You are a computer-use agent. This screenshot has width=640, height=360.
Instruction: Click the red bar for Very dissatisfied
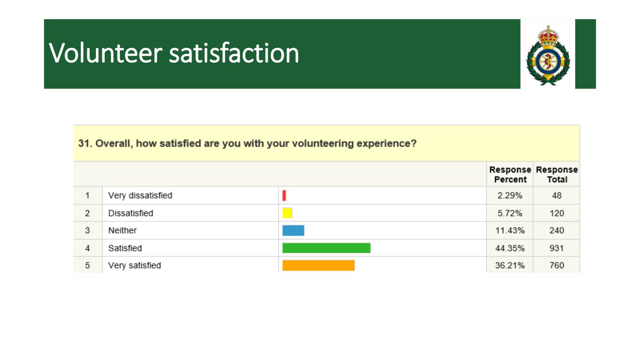(x=284, y=196)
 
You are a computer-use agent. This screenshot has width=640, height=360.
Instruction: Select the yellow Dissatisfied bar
(x=287, y=213)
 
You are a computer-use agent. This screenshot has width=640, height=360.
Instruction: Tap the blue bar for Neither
(x=293, y=230)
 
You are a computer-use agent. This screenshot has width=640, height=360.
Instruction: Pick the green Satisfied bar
(x=326, y=248)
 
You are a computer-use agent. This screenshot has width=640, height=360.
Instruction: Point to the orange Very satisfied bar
(x=318, y=265)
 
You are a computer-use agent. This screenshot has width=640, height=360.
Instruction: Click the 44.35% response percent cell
(x=510, y=248)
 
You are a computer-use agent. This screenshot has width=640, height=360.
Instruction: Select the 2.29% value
(x=510, y=196)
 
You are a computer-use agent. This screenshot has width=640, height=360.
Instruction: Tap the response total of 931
(x=556, y=248)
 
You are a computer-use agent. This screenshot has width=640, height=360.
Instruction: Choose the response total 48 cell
(x=556, y=196)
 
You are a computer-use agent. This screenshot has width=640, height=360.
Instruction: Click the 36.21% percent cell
(x=510, y=265)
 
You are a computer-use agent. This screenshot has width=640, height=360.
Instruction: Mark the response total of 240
(x=556, y=231)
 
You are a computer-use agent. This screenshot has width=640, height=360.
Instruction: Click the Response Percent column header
(x=510, y=175)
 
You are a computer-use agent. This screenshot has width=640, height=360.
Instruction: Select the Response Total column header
(x=557, y=175)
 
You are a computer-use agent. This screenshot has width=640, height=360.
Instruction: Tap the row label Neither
(x=122, y=231)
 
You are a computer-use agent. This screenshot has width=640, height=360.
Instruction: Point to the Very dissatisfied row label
(x=140, y=196)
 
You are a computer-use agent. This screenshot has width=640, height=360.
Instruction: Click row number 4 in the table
(x=87, y=248)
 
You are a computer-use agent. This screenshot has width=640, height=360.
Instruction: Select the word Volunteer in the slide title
(x=106, y=53)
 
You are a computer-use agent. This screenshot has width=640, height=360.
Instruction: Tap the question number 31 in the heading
(x=83, y=143)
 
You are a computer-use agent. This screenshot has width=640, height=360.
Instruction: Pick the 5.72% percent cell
(x=510, y=213)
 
